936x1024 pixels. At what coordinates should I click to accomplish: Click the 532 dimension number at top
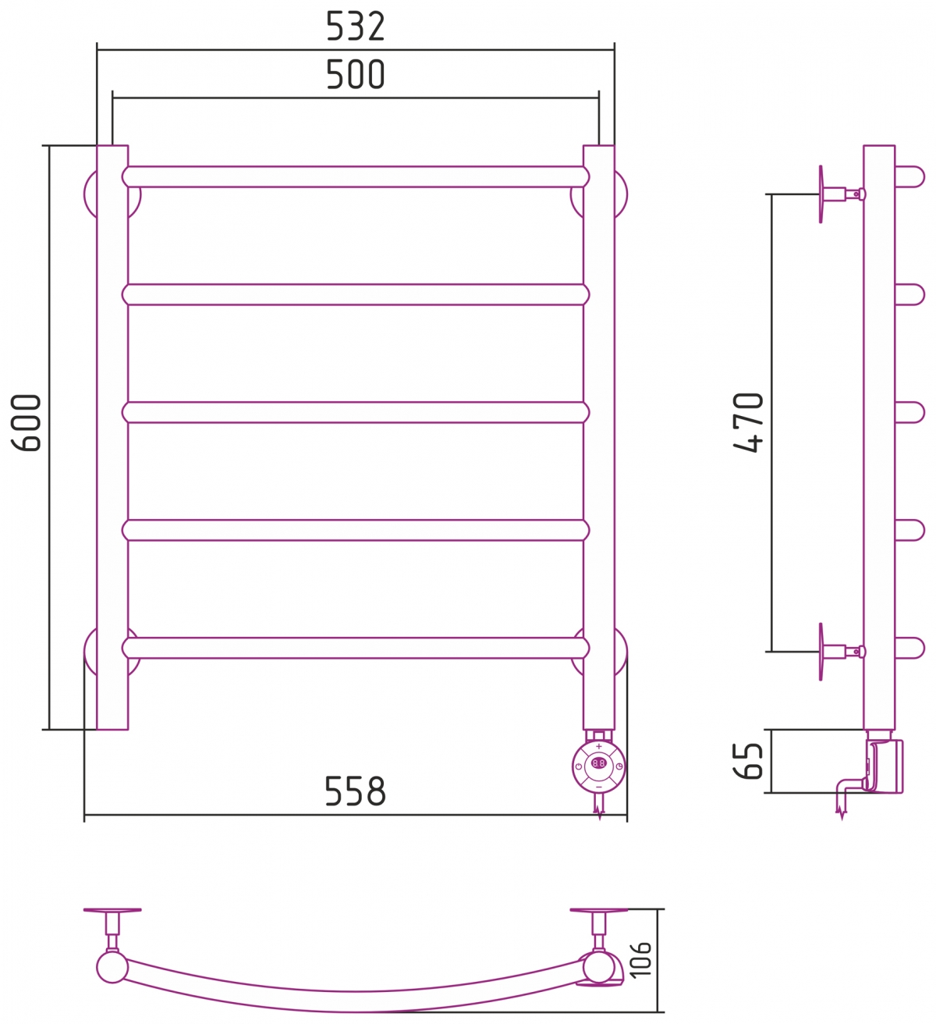coord(356,27)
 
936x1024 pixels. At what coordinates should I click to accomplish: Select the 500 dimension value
coord(356,76)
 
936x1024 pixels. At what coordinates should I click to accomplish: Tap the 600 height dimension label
coord(27,422)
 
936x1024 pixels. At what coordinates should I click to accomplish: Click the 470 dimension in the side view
coord(750,422)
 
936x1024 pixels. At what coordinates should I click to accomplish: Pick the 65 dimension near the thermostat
coord(750,761)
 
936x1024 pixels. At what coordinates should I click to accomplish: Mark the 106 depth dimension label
coord(640,959)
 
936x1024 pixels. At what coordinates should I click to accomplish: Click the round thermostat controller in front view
coord(598,764)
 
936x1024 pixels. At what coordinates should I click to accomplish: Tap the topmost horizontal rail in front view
coord(356,177)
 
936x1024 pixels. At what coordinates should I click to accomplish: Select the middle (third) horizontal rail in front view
coord(356,412)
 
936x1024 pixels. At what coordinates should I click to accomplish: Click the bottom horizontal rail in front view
coord(356,648)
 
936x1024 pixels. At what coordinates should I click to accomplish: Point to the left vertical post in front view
coord(112,437)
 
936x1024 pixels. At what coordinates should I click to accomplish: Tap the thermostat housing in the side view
coord(886,766)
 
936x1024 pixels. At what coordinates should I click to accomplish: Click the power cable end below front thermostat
coord(599,812)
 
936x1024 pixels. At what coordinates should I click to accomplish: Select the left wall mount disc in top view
coord(112,910)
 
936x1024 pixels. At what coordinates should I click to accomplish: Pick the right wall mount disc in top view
coord(598,910)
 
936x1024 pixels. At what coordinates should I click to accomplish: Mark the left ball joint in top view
coord(112,967)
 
